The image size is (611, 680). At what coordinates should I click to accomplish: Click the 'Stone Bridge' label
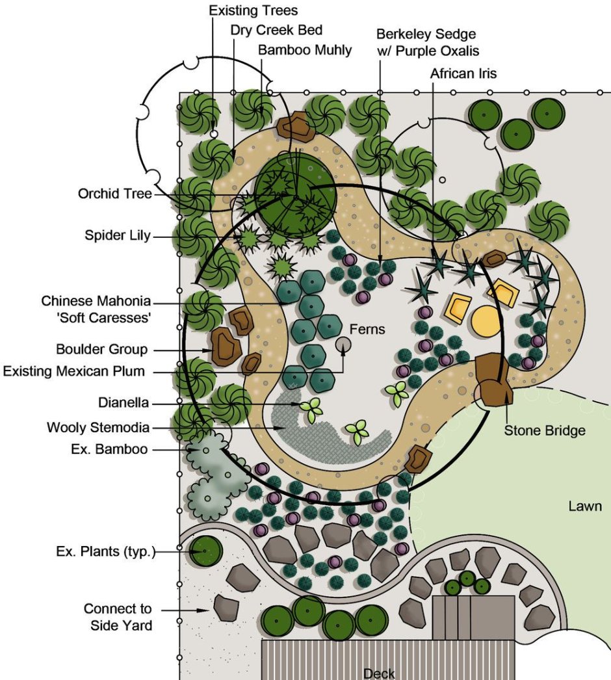pos(545,430)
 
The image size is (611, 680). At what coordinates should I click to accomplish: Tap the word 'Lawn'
pos(585,506)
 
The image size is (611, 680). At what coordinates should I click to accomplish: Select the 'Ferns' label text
pos(368,330)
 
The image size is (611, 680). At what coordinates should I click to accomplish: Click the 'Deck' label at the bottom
pos(379,673)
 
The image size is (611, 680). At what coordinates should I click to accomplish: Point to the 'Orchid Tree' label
pos(114,194)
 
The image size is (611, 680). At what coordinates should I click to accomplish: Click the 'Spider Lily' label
pos(117,235)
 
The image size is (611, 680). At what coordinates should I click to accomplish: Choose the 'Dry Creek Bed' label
pos(276,30)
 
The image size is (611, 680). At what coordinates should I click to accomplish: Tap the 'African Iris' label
pos(463,73)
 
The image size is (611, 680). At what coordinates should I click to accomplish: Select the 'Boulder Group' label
pos(102,350)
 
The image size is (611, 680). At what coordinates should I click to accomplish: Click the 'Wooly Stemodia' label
pos(98,428)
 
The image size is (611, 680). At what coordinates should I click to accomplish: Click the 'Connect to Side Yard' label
pos(118,618)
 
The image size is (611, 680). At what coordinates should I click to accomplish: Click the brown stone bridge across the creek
pos(494,381)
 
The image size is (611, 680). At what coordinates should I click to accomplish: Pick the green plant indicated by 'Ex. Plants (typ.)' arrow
pos(205,552)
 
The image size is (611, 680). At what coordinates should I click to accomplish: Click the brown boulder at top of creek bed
pos(294,126)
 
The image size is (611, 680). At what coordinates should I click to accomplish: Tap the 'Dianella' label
pos(123,403)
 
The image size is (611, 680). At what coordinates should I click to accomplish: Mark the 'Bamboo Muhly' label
pos(305,50)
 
